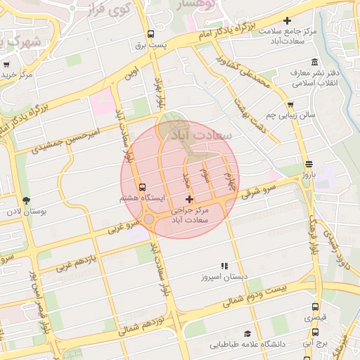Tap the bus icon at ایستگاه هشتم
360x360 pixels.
143,188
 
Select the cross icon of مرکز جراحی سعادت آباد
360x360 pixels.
189,200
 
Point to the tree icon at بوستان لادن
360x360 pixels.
26,201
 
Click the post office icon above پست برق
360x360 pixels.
150,34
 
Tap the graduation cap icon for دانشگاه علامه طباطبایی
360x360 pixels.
247,333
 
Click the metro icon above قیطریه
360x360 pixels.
314,307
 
